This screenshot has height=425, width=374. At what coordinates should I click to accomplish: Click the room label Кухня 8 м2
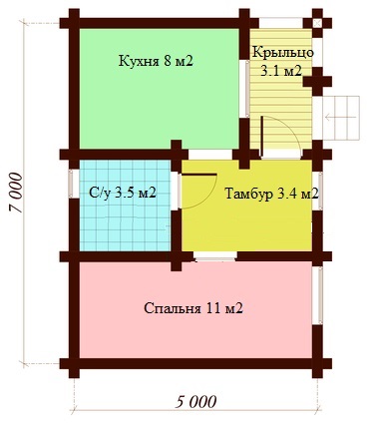pos(156,61)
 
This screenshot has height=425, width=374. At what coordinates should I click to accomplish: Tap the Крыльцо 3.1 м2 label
pos(282,62)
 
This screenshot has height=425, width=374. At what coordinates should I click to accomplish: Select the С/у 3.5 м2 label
pos(123,193)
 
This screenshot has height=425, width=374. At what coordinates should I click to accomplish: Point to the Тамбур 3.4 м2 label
pos(271,194)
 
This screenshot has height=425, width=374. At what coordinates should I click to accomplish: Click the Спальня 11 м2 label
pos(193,308)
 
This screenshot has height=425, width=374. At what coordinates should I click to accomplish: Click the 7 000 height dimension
pos(16,193)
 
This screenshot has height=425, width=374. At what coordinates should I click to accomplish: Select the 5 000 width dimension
pos(195,402)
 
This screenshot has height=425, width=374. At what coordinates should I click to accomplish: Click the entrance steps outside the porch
pos(341,118)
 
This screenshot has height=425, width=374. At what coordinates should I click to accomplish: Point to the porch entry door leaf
pos(262,136)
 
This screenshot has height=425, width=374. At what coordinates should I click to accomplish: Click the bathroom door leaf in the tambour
pos(198,174)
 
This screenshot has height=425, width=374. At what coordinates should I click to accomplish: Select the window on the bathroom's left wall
pos(72,184)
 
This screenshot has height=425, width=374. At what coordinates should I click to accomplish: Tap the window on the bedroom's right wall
pos(319,295)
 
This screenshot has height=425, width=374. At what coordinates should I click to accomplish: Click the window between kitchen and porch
pos(247,89)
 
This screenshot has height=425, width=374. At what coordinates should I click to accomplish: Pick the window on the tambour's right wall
pos(319,192)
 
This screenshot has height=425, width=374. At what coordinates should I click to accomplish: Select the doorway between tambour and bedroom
pos(215,256)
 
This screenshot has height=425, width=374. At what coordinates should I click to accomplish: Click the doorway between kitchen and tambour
pos(210,155)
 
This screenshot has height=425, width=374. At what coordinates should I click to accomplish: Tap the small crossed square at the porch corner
pos(317,23)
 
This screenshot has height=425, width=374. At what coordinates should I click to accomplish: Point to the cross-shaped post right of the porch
pos(317,82)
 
